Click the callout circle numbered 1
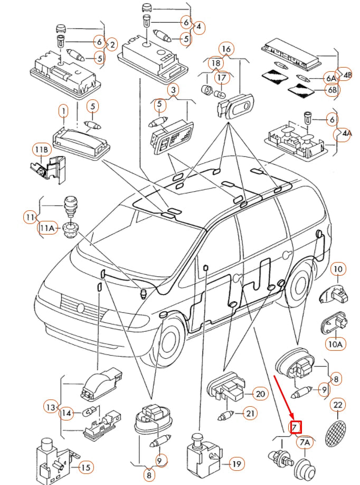tap(63, 111)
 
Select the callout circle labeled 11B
tap(41, 150)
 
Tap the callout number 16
tap(226, 50)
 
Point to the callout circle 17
tap(221, 78)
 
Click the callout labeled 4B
tap(345, 74)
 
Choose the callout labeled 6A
tap(331, 78)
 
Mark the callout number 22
tap(337, 405)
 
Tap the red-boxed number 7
tap(296, 426)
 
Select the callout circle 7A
tap(305, 441)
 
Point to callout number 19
tap(236, 464)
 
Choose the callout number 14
tap(66, 413)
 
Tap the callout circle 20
tap(259, 394)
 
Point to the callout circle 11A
tap(47, 228)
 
